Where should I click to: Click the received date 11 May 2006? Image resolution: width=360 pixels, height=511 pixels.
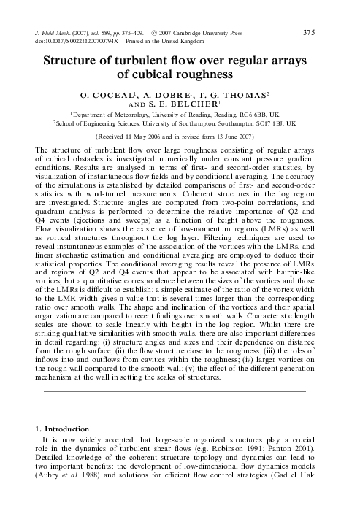tap(155, 136)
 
